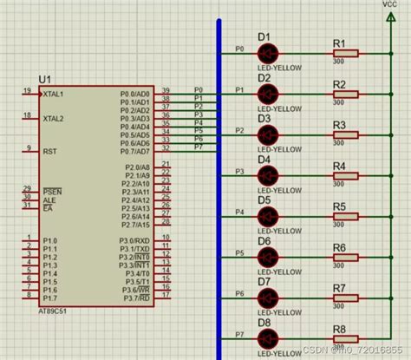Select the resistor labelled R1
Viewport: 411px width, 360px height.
click(x=345, y=54)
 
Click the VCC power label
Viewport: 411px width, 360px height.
click(x=390, y=5)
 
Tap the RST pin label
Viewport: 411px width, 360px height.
click(x=49, y=150)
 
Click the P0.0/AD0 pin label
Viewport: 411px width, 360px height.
click(x=135, y=92)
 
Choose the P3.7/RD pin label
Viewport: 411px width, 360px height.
click(x=137, y=297)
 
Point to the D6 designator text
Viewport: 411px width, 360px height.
click(x=264, y=241)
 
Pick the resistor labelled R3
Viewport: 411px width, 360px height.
click(x=345, y=134)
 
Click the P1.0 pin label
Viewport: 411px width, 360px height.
click(x=50, y=240)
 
